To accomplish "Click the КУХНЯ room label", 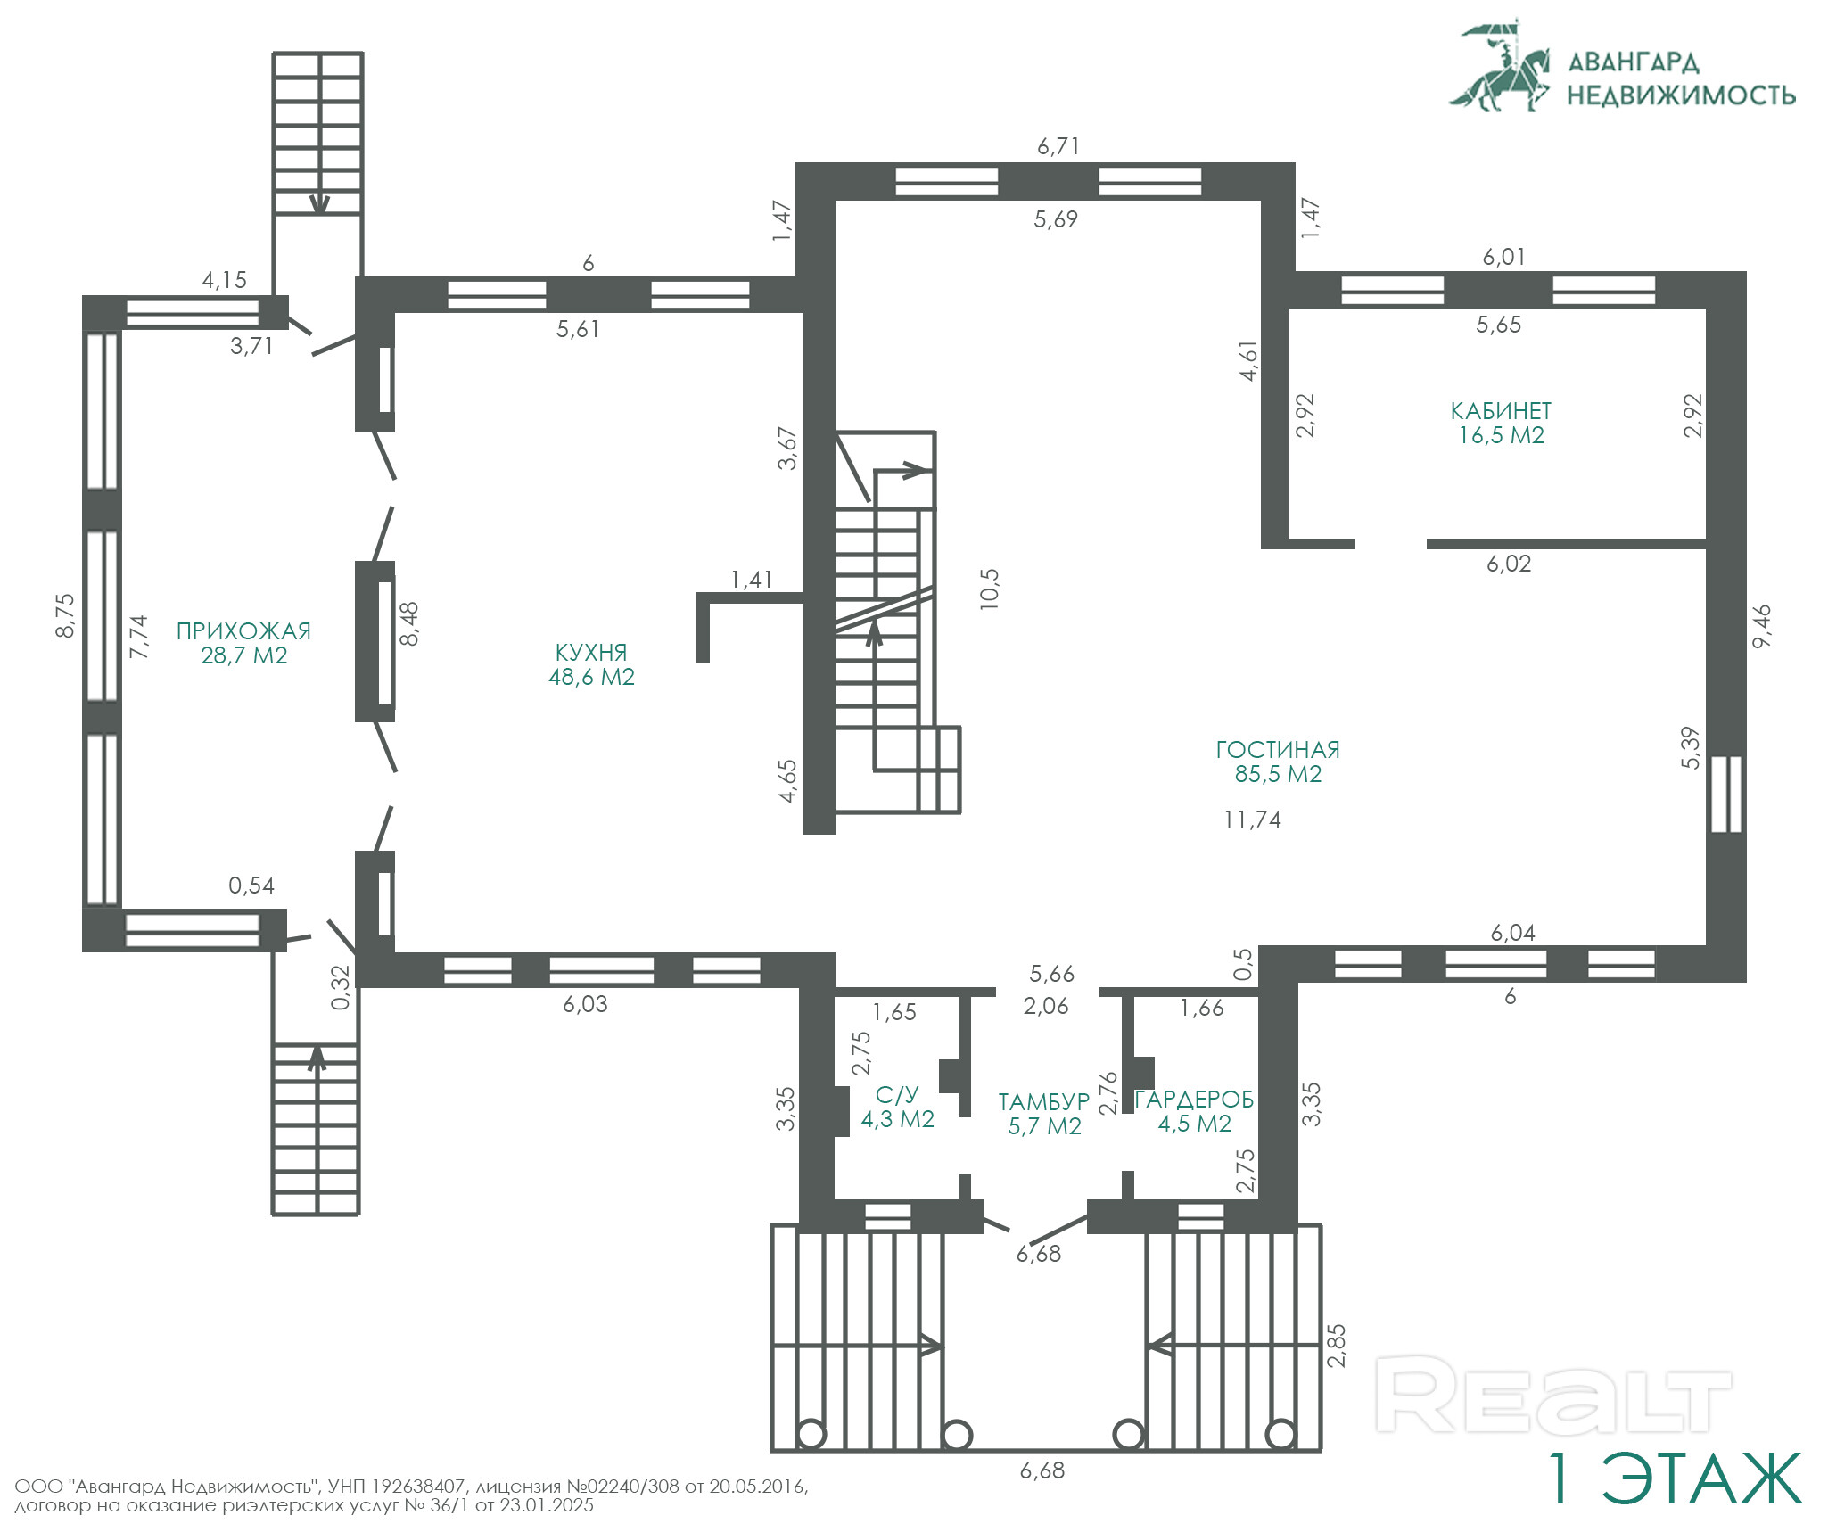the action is tap(591, 653).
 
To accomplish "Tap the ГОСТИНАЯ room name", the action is tap(1278, 750).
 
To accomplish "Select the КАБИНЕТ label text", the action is tap(1501, 411).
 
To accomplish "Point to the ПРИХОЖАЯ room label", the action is tap(243, 631).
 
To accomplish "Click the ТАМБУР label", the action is tap(1044, 1102).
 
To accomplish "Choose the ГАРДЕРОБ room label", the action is tap(1194, 1100).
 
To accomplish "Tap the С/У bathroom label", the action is tap(897, 1095).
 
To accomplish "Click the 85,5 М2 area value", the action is tap(1278, 774).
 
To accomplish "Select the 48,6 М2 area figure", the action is tap(591, 677).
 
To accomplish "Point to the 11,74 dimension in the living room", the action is tap(1252, 820).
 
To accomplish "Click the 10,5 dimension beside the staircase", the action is tap(990, 589).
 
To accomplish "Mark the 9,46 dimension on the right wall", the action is tap(1762, 627).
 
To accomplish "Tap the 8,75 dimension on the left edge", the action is tap(66, 615).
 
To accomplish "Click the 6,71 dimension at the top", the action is tap(1058, 146).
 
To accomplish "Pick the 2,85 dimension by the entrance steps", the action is tap(1337, 1346).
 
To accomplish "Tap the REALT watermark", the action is tap(1553, 1395).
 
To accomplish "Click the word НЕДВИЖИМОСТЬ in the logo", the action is tap(1681, 95).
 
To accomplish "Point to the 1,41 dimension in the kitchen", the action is tap(752, 580).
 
